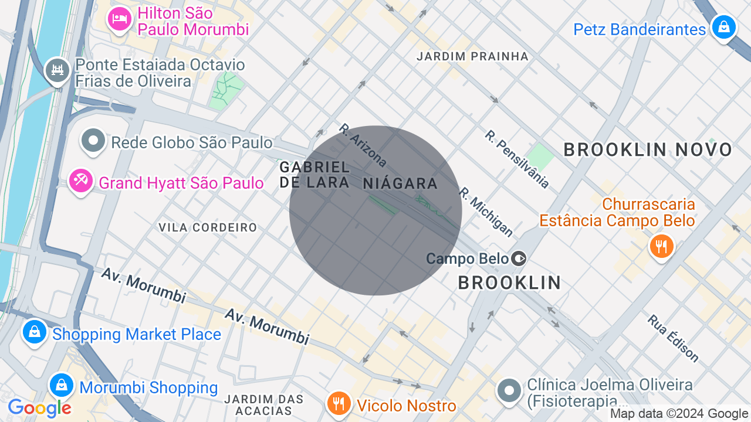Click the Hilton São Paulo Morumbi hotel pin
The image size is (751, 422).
[x=120, y=19]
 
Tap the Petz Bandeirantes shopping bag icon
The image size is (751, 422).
[x=723, y=27]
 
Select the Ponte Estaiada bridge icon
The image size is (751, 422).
[x=57, y=71]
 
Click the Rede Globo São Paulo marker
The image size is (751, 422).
[x=93, y=141]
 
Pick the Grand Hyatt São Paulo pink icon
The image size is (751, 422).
[x=81, y=181]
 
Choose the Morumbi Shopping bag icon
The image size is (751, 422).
[x=62, y=385]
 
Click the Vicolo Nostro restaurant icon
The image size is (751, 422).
[x=339, y=403]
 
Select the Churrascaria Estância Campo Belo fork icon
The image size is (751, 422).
[x=661, y=246]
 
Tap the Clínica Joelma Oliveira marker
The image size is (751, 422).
[x=509, y=390]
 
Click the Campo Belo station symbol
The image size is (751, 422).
[x=519, y=258]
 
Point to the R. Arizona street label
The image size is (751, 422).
[x=363, y=145]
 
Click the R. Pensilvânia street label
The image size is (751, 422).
[x=517, y=159]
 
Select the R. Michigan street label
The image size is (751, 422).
[x=486, y=212]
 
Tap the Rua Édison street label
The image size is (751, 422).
[x=673, y=338]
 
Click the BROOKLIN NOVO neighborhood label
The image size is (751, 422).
[x=648, y=150]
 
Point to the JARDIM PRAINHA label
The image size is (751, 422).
[x=472, y=56]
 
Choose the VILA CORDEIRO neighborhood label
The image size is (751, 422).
[x=208, y=227]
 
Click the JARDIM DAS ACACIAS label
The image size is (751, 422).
[x=264, y=405]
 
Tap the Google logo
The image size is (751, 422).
[x=39, y=408]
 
